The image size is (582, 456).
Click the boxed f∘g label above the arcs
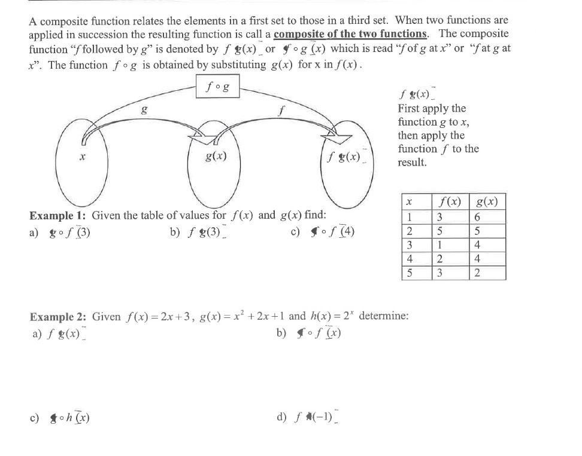(x=217, y=87)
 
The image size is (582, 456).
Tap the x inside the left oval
(x=81, y=157)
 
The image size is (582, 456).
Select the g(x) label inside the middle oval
(x=215, y=157)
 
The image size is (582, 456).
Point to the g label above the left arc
(x=143, y=109)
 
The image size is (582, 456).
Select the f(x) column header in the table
(x=451, y=201)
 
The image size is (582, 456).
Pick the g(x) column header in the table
(x=487, y=201)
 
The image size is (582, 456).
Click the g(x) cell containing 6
(x=477, y=216)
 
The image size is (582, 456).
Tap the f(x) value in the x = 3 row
(x=439, y=244)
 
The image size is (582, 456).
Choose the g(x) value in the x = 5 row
(x=477, y=273)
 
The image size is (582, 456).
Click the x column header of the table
(x=409, y=202)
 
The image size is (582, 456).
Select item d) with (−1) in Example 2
(x=308, y=417)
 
